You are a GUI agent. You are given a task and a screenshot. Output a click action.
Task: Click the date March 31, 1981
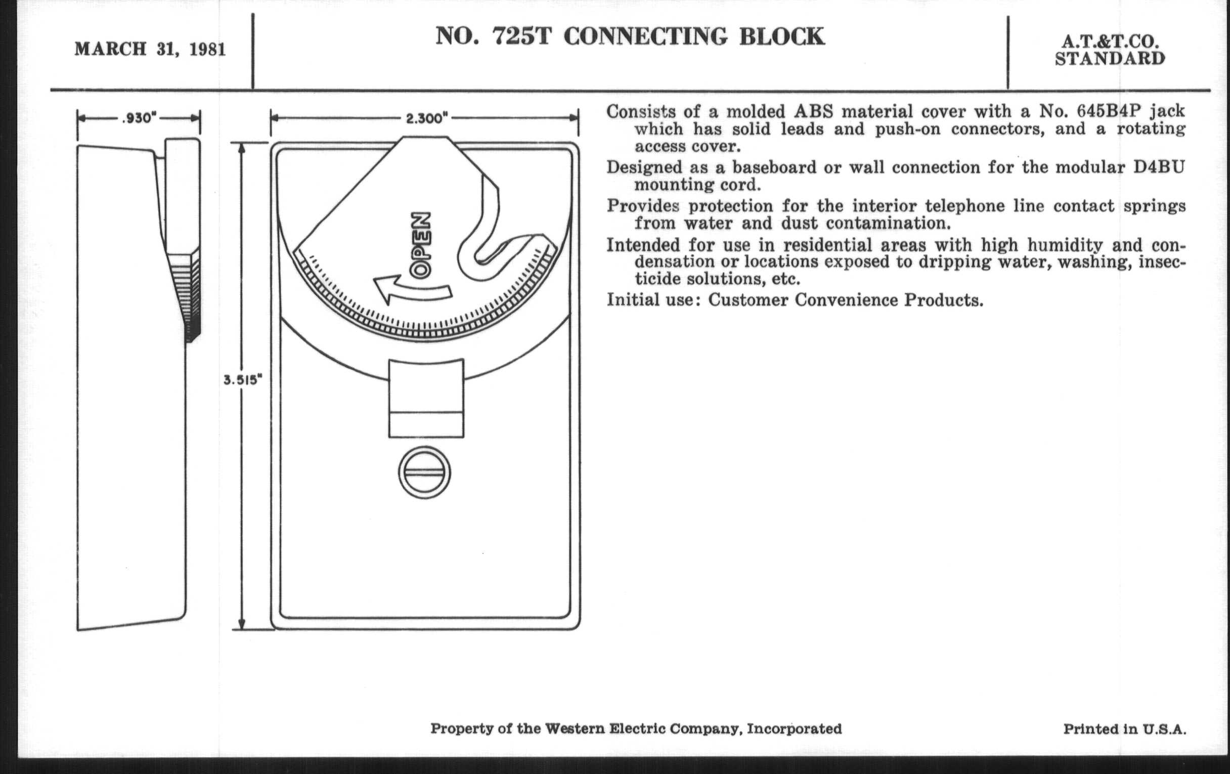pos(150,50)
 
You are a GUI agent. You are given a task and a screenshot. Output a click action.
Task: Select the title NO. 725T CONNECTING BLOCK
pos(629,37)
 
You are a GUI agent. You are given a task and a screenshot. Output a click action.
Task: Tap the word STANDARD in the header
pos(1110,59)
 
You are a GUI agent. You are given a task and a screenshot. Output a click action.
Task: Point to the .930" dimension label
pos(139,118)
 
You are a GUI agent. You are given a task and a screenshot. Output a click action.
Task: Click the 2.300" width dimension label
pos(426,118)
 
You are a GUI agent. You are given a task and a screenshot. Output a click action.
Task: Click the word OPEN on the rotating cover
pos(422,245)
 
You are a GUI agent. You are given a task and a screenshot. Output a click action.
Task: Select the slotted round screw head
pos(424,472)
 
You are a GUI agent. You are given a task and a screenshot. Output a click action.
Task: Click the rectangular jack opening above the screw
pos(426,399)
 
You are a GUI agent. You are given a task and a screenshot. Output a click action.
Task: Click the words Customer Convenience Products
pos(845,300)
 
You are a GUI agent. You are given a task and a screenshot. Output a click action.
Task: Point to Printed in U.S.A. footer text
pos(1124,729)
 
